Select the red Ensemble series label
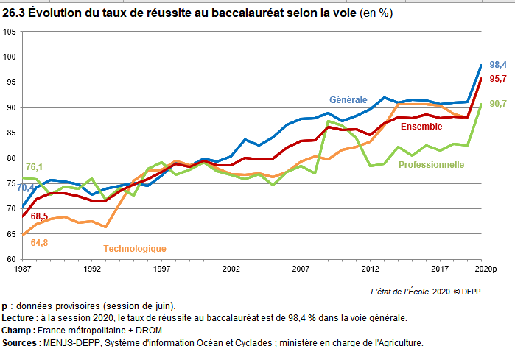pyautogui.click(x=421, y=127)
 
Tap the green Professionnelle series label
pyautogui.click(x=431, y=164)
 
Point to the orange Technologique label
pyautogui.click(x=135, y=249)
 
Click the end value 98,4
pyautogui.click(x=498, y=65)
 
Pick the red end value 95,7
pyautogui.click(x=498, y=79)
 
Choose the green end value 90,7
pyautogui.click(x=498, y=104)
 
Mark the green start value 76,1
pyautogui.click(x=34, y=167)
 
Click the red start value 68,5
pyautogui.click(x=39, y=216)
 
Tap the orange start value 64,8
pyautogui.click(x=39, y=242)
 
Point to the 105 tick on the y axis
pyautogui.click(x=10, y=32)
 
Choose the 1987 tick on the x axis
pyautogui.click(x=22, y=269)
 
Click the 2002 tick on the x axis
pyautogui.click(x=231, y=269)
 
